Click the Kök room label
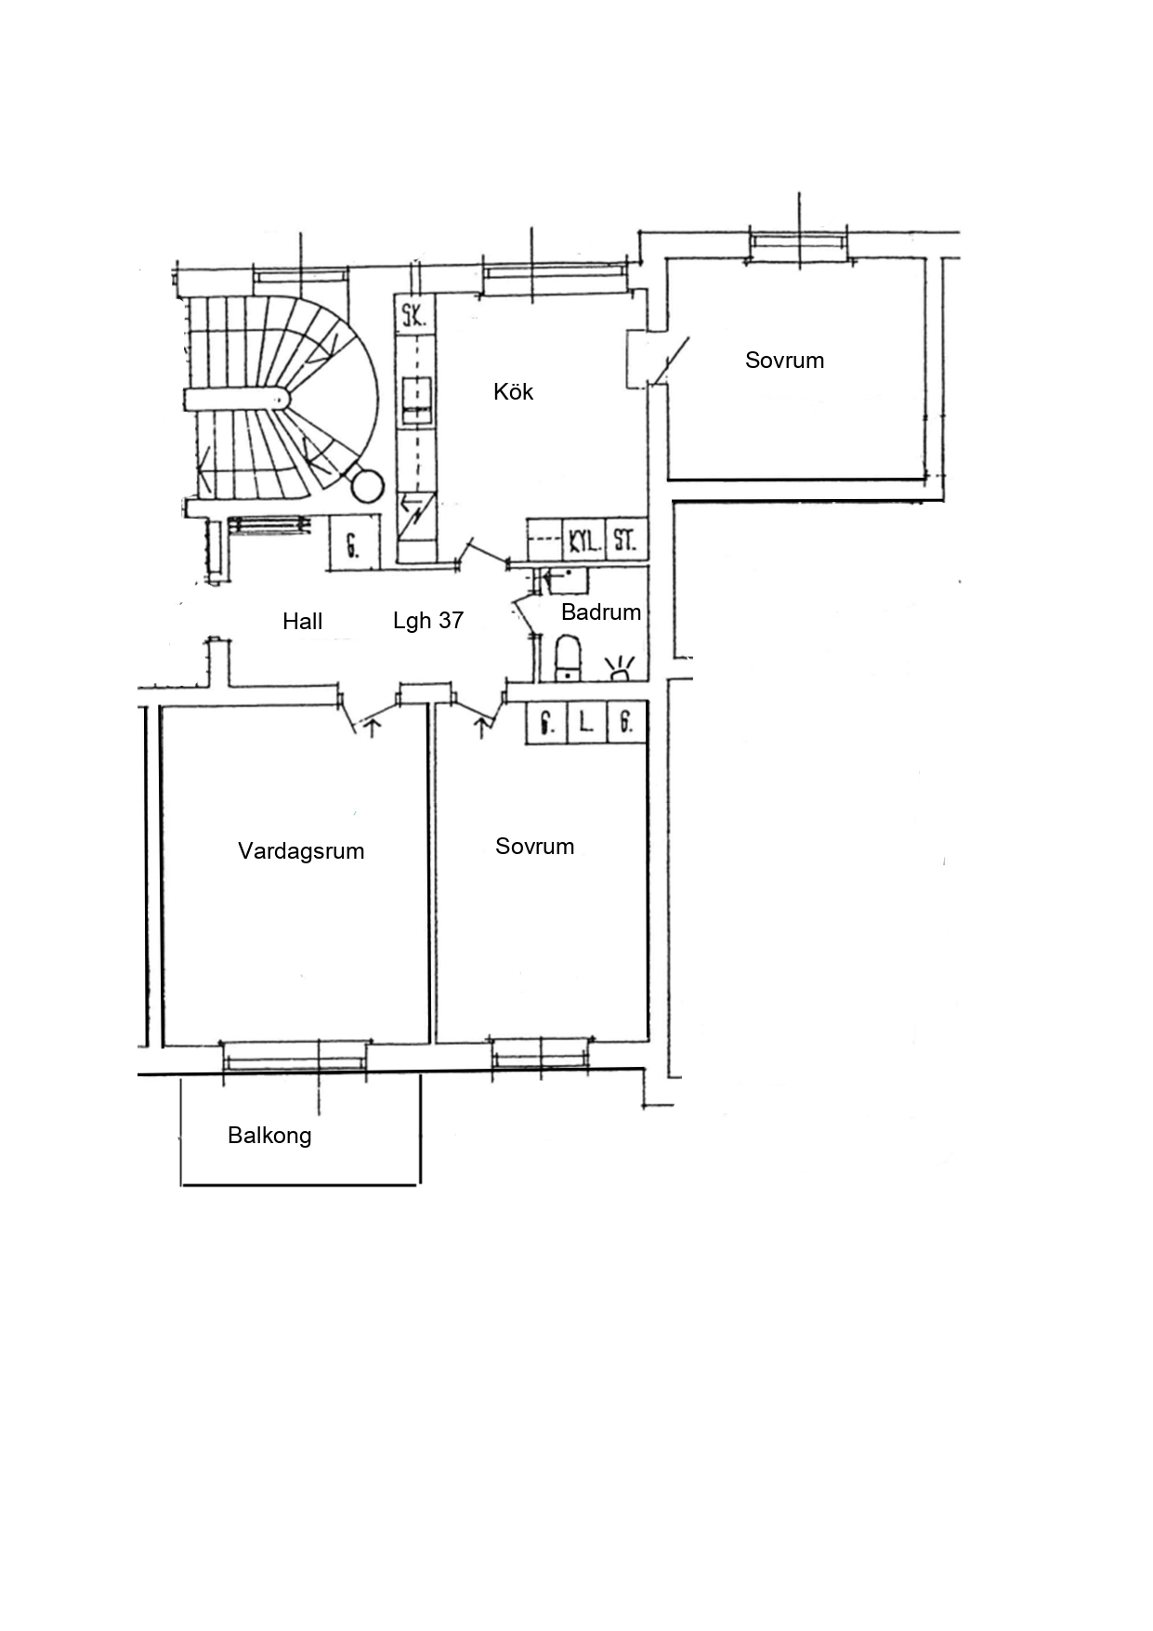click(x=513, y=391)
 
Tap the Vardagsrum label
click(x=301, y=851)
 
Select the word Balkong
click(x=269, y=1136)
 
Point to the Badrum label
click(x=601, y=612)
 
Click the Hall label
click(x=302, y=621)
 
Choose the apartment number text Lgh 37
click(x=428, y=620)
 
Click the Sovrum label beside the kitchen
click(x=784, y=361)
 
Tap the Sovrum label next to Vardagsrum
click(x=534, y=847)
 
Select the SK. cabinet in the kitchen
click(x=413, y=314)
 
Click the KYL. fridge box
click(x=584, y=539)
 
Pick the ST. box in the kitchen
click(x=626, y=539)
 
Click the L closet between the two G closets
click(x=586, y=722)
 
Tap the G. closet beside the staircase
click(x=354, y=544)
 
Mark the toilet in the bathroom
click(x=568, y=658)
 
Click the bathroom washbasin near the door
click(x=566, y=581)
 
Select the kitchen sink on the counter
click(x=417, y=401)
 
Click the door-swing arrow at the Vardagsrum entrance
click(x=372, y=727)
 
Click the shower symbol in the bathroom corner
click(x=621, y=668)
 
